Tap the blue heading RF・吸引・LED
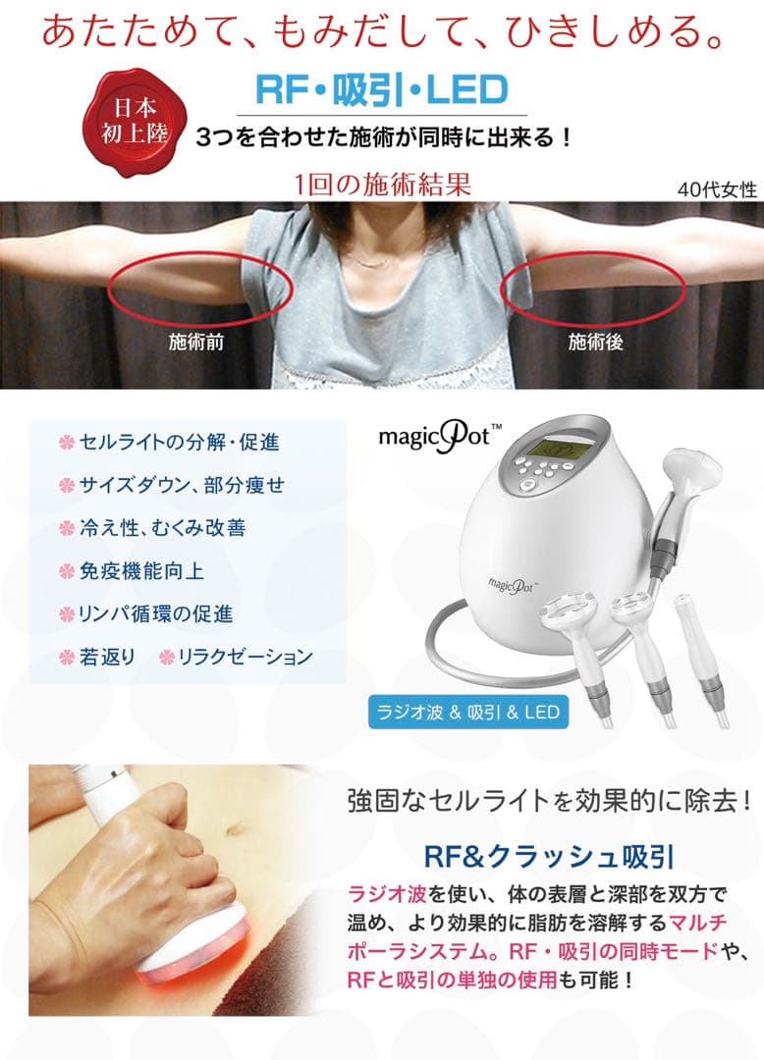point(381,90)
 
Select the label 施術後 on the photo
point(596,343)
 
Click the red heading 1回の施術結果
point(382,184)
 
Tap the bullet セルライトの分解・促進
point(178,443)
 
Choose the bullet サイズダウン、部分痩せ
point(181,485)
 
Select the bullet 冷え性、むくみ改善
point(161,528)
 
